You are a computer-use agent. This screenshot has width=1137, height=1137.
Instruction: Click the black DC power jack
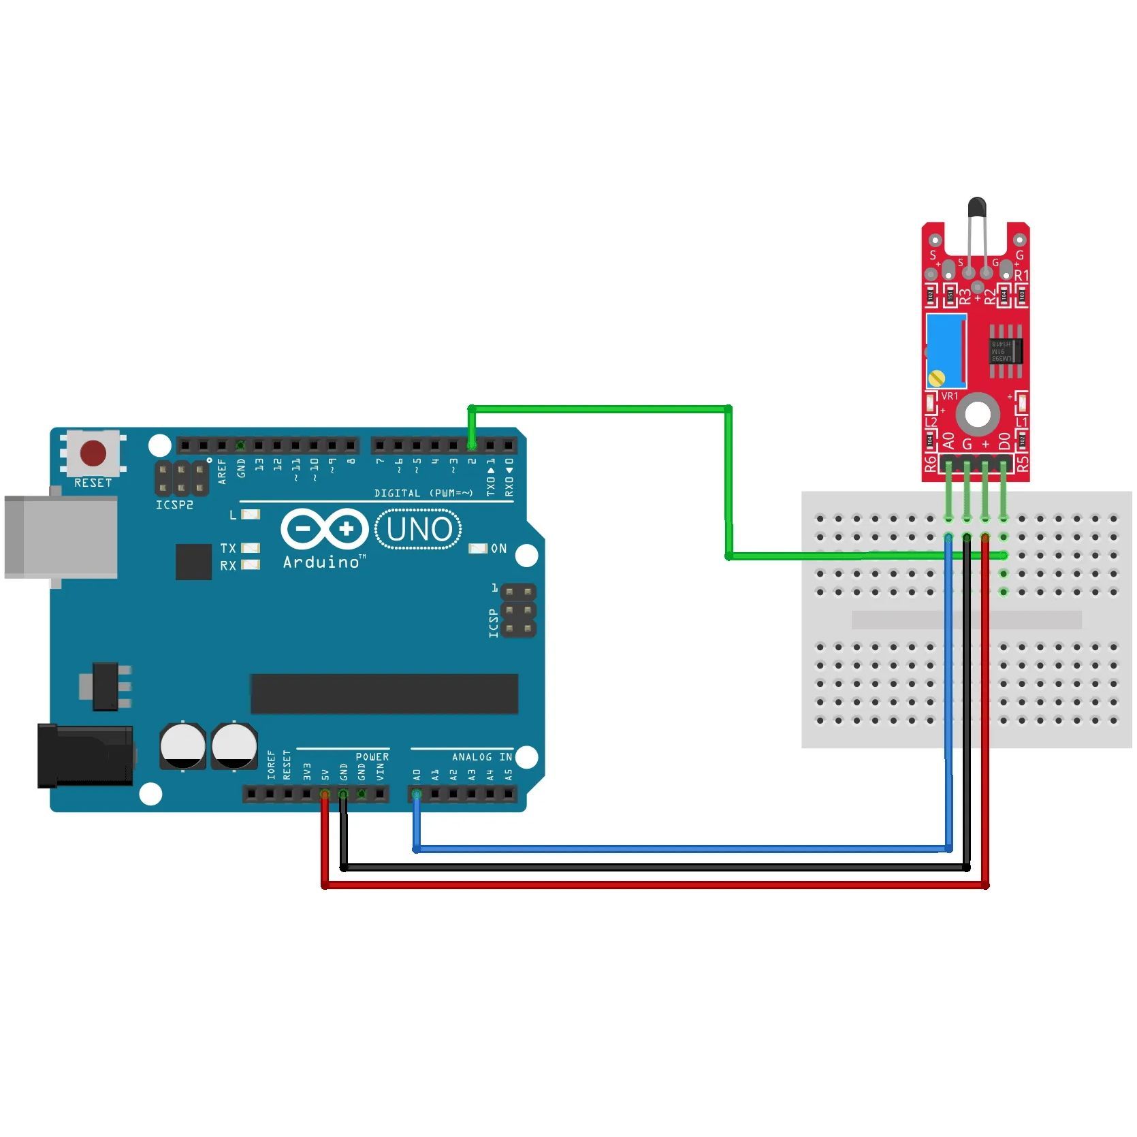click(x=85, y=756)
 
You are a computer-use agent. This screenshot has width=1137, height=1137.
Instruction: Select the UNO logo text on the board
click(x=419, y=530)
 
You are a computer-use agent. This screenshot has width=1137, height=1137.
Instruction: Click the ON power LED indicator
click(x=479, y=549)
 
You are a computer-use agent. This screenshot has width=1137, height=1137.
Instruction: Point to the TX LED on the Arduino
click(x=251, y=548)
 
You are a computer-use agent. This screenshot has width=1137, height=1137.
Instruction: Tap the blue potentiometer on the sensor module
click(x=946, y=351)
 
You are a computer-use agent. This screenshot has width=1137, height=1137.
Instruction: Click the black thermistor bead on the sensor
click(x=976, y=205)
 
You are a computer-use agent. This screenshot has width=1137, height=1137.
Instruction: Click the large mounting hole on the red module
click(x=978, y=414)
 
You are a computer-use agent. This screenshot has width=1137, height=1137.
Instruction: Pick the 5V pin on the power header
click(x=325, y=794)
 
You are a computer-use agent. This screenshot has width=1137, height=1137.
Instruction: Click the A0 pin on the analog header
click(x=417, y=794)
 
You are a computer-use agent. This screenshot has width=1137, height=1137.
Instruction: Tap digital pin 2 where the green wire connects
click(x=472, y=445)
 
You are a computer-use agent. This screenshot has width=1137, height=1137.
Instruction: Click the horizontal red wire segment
click(x=654, y=885)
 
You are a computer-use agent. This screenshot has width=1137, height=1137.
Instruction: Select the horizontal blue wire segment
click(x=681, y=849)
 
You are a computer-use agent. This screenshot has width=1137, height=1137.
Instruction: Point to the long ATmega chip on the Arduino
click(x=384, y=694)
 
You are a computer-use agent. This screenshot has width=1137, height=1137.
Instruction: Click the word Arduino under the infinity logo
click(x=322, y=562)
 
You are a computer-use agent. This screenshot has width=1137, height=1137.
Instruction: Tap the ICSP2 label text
click(x=174, y=505)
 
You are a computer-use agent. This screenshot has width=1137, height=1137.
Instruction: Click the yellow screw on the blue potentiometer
click(x=938, y=377)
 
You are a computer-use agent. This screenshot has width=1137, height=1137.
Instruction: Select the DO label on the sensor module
click(x=1004, y=442)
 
